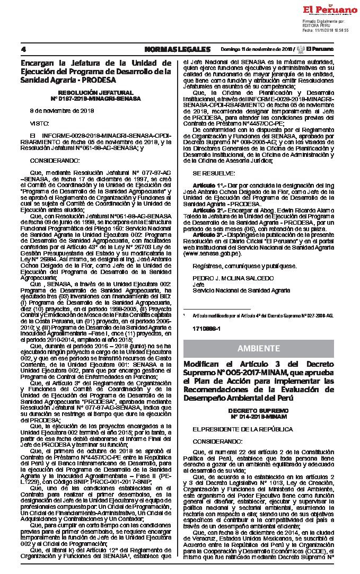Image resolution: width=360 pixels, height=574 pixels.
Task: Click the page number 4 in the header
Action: click(23, 49)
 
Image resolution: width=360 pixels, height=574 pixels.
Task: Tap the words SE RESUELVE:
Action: click(213, 173)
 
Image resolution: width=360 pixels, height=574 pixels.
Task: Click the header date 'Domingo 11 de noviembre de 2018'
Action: click(256, 49)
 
